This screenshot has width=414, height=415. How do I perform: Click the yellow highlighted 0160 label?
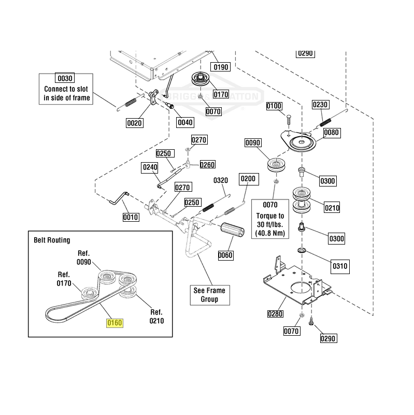(x=114, y=323)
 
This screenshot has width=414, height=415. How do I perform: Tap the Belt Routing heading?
(x=52, y=240)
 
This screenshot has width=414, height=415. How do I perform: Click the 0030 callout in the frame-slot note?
(x=65, y=78)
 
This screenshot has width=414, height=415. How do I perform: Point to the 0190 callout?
(x=221, y=67)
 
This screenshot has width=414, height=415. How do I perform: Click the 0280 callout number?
(x=276, y=313)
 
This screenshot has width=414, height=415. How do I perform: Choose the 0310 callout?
(x=340, y=267)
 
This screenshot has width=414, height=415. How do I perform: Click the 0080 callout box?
(x=332, y=133)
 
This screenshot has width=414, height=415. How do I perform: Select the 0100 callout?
(x=274, y=106)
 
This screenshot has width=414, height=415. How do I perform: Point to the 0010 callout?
(x=130, y=217)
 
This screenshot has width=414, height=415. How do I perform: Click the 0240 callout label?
(x=150, y=167)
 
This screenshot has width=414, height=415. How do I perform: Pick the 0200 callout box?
(x=248, y=179)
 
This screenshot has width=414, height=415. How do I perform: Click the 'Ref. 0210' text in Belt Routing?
(x=156, y=317)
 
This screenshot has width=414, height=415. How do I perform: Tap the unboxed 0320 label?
(x=221, y=180)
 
